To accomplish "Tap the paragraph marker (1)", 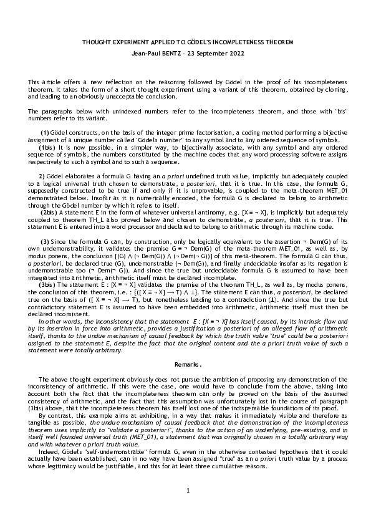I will pos(45,133).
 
